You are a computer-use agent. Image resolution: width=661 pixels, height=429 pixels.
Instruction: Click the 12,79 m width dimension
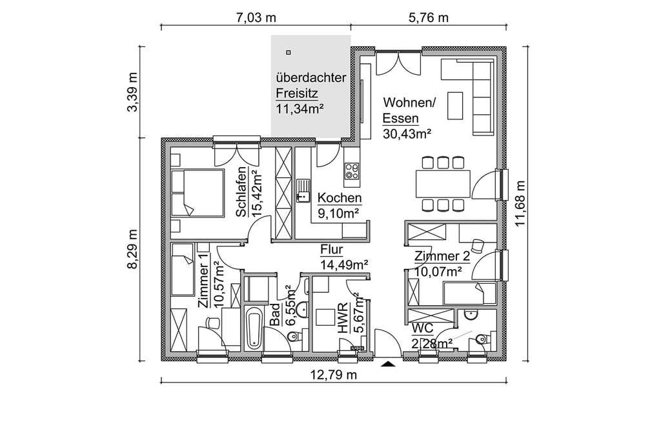pos(334,374)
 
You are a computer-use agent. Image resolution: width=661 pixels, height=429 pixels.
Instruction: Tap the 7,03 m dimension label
pos(256,17)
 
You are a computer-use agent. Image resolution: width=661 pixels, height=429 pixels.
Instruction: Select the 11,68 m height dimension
pos(520,203)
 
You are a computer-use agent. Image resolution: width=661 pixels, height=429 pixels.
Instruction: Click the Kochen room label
pos(340,197)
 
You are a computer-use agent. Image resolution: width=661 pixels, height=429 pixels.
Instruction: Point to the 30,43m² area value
pos(407,134)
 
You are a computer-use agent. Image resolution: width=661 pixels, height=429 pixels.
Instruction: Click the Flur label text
pos(331,250)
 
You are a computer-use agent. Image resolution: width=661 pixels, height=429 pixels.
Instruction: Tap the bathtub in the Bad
pos(254,328)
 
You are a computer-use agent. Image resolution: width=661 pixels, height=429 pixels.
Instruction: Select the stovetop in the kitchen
pos(352,171)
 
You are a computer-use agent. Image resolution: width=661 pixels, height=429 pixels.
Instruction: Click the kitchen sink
pos(302,191)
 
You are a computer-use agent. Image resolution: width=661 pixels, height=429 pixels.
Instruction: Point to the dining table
pos(443,184)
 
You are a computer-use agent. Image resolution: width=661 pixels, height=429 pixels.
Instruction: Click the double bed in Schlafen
pos(198,193)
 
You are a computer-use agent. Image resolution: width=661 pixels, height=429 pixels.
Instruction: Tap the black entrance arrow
pos(388,364)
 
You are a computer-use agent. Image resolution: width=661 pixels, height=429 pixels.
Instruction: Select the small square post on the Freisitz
pos(289,53)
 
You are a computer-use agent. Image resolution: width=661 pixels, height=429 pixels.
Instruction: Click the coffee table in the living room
pos(454,105)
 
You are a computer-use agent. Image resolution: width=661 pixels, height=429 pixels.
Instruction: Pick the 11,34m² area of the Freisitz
pos(300,109)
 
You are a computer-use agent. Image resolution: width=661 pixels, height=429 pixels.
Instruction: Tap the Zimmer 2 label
pos(442,256)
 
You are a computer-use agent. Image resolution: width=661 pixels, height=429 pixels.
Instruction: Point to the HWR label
pos(343,318)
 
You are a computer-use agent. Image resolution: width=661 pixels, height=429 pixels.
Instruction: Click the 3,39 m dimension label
pos(132,92)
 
